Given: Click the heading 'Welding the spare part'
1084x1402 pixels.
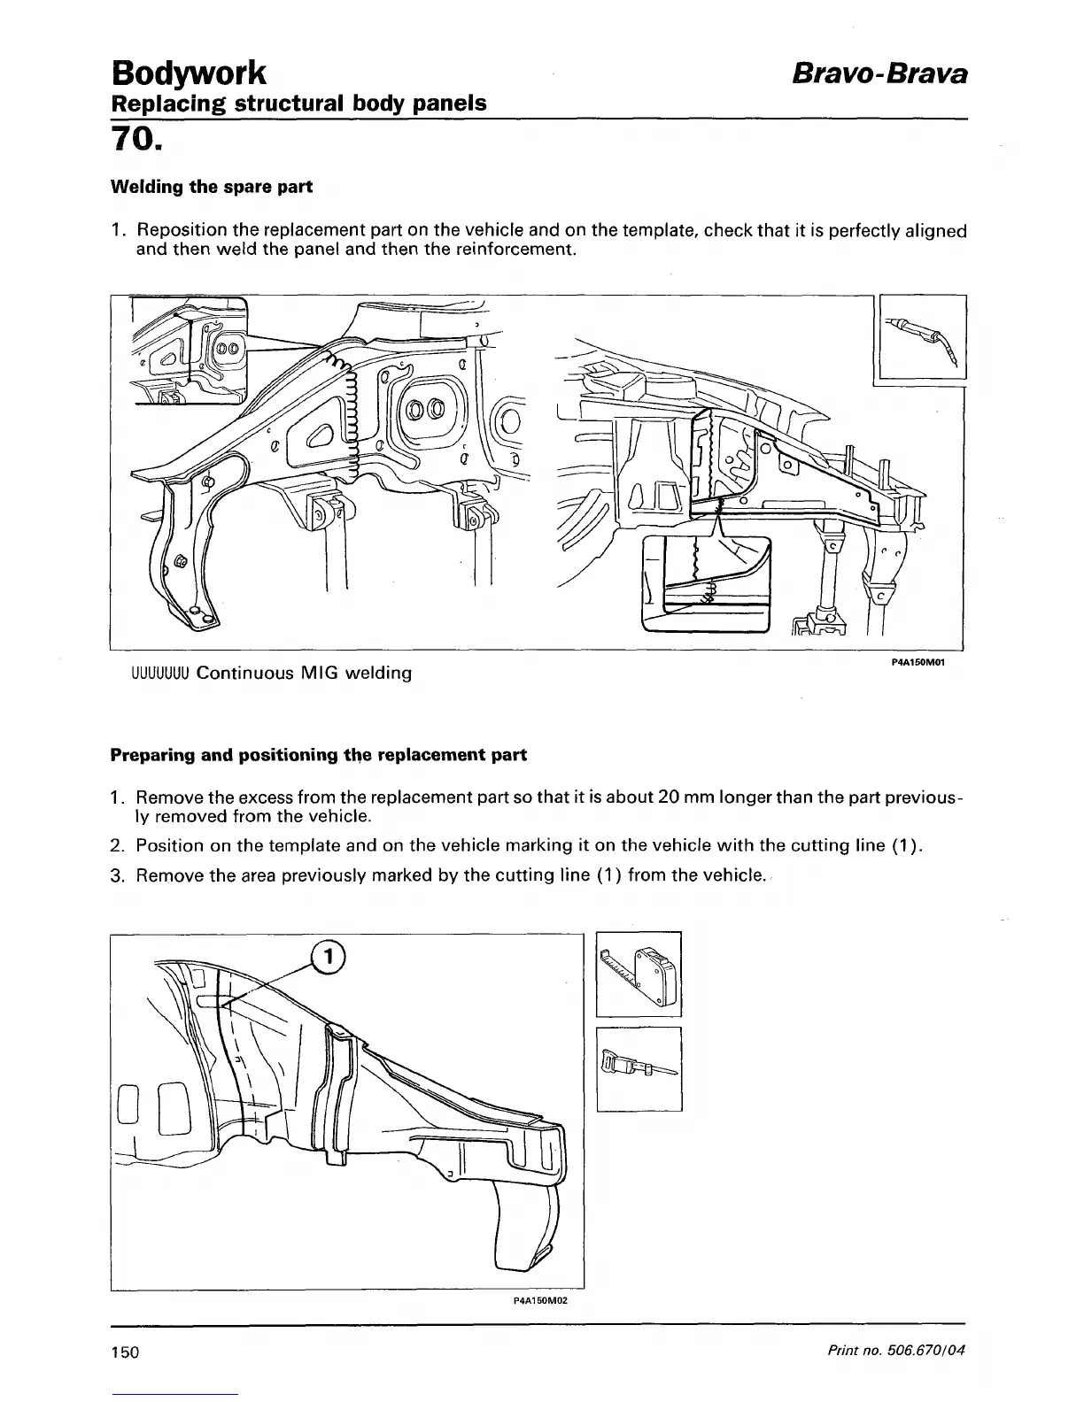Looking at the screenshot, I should (x=211, y=188).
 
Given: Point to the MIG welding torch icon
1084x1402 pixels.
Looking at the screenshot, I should (x=921, y=338).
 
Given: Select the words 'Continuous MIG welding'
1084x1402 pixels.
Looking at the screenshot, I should (x=304, y=674).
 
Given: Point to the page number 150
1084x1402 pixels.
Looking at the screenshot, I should (x=126, y=1353).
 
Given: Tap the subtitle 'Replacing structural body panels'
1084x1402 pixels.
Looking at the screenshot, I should (x=298, y=104).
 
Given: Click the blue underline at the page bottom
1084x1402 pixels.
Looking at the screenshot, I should (x=175, y=1394).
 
